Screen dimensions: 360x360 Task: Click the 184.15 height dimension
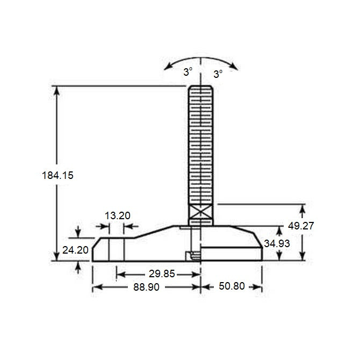pos(57,175)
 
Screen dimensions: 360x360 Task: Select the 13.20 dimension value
pos(117,216)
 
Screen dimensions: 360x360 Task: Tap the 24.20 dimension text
pos(75,250)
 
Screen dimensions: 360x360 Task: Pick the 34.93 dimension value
pos(277,243)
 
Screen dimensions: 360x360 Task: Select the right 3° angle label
pos(218,74)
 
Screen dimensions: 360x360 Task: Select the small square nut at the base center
pos(189,256)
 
